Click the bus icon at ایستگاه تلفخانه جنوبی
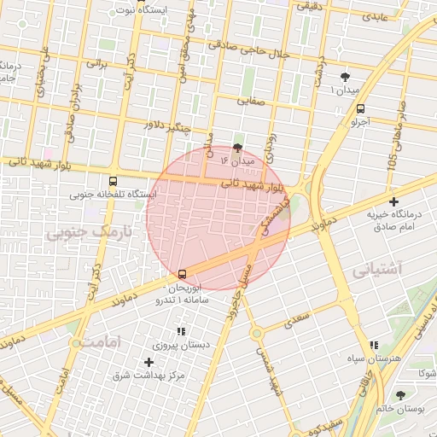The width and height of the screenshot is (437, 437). [x=113, y=181]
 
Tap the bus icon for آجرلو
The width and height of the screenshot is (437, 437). [x=360, y=109]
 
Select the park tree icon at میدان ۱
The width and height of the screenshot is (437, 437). [x=345, y=77]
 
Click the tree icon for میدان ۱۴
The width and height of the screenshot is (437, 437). [x=237, y=147]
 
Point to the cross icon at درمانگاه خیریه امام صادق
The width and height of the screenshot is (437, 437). [x=393, y=202]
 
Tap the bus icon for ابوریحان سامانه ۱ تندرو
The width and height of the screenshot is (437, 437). [x=182, y=274]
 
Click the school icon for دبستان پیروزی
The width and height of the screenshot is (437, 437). [x=180, y=331]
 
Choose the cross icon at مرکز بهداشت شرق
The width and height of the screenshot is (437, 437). [x=149, y=362]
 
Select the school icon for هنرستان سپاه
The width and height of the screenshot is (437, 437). [x=373, y=345]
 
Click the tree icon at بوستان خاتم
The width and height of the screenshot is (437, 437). [x=400, y=394]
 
